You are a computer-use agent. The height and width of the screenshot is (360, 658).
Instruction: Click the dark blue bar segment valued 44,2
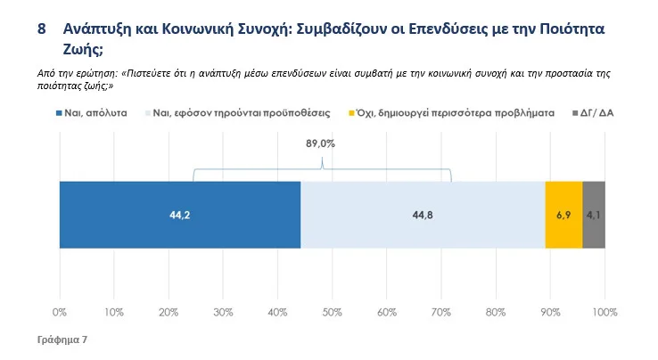(180, 215)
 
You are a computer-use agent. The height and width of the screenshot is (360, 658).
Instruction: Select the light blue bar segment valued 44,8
(423, 215)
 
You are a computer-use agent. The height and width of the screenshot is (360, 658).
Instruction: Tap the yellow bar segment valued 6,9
(563, 215)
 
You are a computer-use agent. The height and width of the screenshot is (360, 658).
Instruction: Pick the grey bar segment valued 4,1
(594, 215)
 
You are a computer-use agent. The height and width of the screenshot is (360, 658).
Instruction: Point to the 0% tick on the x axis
(60, 312)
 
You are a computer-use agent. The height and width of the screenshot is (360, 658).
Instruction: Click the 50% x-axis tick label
(333, 312)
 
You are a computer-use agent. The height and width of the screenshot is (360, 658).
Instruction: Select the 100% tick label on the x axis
(605, 312)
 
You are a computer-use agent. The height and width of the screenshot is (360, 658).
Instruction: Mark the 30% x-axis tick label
(223, 312)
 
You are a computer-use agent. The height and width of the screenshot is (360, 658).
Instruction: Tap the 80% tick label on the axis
(496, 312)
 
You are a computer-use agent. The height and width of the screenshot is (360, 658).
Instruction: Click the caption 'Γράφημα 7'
(62, 340)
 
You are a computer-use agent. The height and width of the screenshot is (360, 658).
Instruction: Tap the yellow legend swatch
(352, 114)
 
